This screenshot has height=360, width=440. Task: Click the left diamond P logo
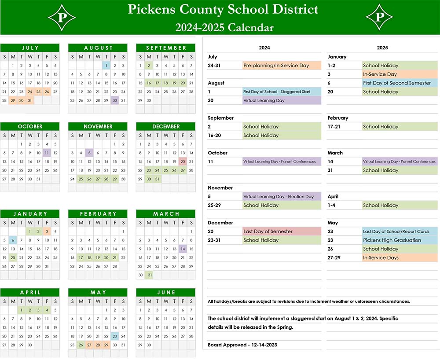click(62, 17)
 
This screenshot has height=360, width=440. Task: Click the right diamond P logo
click(379, 17)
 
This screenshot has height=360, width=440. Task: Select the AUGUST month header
click(98, 48)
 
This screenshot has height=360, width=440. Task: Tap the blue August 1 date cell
click(106, 66)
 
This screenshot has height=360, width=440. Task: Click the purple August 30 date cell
click(115, 100)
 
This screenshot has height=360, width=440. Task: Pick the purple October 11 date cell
click(47, 153)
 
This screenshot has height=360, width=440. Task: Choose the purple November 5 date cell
click(89, 153)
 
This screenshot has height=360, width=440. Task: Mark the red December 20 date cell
click(183, 162)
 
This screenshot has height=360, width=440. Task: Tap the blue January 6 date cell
click(13, 240)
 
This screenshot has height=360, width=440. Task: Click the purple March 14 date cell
click(183, 249)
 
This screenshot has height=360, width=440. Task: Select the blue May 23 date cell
click(115, 336)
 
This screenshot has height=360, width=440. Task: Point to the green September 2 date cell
click(149, 66)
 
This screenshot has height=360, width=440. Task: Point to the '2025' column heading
click(382, 48)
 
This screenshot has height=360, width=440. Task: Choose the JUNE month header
click(165, 292)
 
